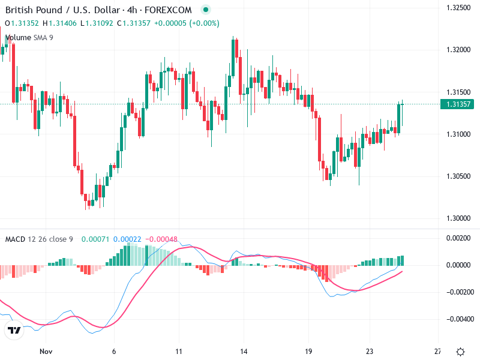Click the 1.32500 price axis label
[457, 8]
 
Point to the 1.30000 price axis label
[457, 218]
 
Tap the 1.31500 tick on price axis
[457, 92]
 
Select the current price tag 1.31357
[457, 104]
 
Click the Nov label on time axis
[46, 352]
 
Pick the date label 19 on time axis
[308, 352]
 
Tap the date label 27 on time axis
[437, 352]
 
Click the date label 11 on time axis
[178, 352]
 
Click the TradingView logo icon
[14, 330]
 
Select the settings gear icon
[460, 352]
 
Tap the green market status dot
[206, 10]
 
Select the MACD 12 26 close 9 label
[39, 239]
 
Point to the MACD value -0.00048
[161, 239]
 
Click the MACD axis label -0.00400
[459, 319]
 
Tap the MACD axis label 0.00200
[459, 238]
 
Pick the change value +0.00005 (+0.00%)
[187, 23]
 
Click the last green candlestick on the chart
[401, 115]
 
